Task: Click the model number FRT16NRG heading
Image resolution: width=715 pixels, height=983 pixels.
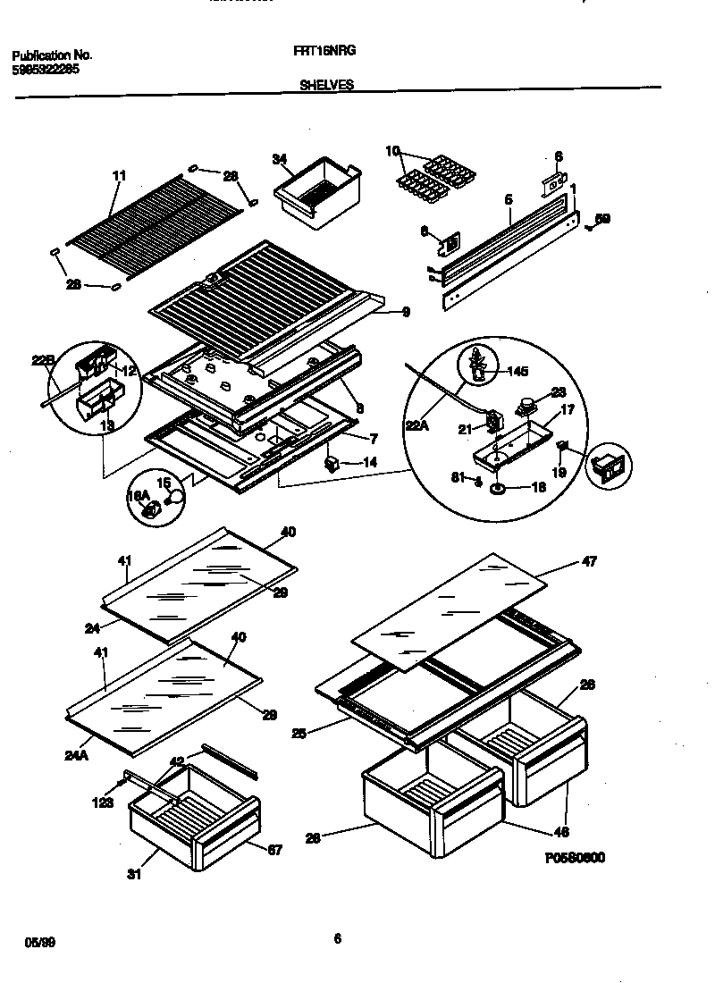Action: pyautogui.click(x=324, y=52)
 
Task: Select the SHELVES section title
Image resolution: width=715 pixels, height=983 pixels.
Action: pyautogui.click(x=326, y=85)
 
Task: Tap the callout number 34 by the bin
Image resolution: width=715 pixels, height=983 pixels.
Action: pyautogui.click(x=280, y=159)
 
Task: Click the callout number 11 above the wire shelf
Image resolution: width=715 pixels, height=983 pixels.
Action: pyautogui.click(x=120, y=176)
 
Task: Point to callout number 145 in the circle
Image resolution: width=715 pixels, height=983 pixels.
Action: pyautogui.click(x=517, y=371)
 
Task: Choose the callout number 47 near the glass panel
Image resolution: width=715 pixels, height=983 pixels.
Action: pyautogui.click(x=589, y=561)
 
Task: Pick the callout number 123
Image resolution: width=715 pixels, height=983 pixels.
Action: pyautogui.click(x=103, y=803)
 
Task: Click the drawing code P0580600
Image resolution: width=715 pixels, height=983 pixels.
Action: pyautogui.click(x=575, y=858)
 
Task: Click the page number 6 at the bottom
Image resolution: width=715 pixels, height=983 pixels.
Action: pyautogui.click(x=337, y=938)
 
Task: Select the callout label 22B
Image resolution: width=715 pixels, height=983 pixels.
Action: pyautogui.click(x=43, y=360)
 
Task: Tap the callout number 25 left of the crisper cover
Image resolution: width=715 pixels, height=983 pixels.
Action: pyautogui.click(x=299, y=734)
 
